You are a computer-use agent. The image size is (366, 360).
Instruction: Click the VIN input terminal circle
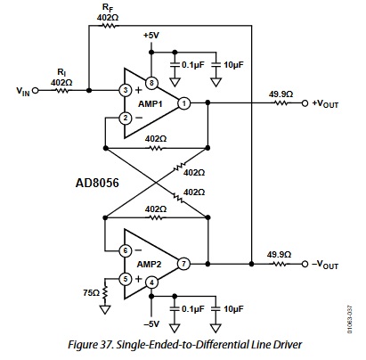pos(35,90)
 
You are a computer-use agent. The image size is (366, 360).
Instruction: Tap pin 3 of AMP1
pos(126,90)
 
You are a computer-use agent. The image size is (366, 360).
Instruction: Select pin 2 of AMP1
pos(126,119)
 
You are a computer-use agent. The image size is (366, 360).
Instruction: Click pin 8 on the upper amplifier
pos(151,83)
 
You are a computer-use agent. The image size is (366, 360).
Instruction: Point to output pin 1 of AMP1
pos(184,103)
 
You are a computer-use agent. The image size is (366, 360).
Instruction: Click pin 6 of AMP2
pos(126,250)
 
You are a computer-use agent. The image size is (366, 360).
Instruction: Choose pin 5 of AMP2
pos(126,279)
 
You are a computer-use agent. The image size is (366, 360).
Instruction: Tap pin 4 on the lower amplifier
pos(151,282)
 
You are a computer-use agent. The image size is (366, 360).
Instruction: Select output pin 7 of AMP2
pos(183,264)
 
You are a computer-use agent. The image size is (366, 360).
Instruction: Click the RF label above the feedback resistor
pos(108,8)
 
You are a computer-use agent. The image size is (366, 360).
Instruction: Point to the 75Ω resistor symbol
pos(105,292)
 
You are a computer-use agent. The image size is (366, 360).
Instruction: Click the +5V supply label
pos(151,36)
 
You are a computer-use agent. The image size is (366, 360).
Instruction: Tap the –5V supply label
pos(151,323)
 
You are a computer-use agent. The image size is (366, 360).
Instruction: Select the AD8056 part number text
pos(97,183)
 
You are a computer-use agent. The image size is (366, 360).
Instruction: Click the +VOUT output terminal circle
pos(305,103)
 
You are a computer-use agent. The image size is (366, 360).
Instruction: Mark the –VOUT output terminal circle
pos(305,264)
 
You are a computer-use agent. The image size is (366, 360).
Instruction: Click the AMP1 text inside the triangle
pos(150,104)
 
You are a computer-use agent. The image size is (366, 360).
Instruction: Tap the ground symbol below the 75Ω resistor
pos(105,309)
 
